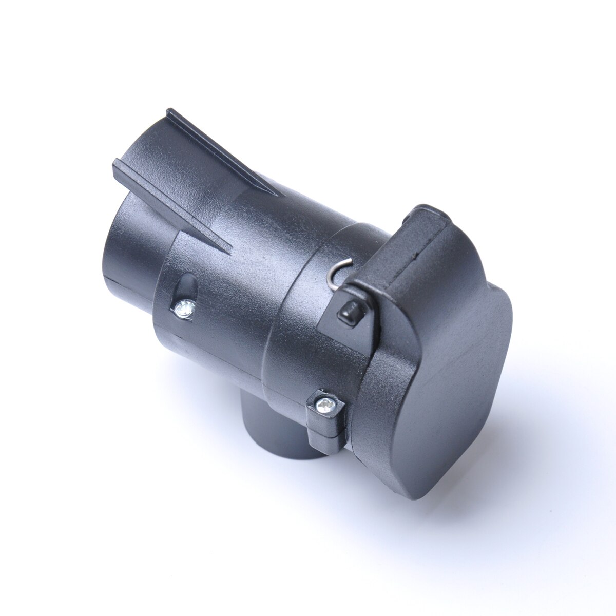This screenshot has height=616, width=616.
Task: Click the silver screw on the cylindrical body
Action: coord(183,308)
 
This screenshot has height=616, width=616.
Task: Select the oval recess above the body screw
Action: coord(187,285)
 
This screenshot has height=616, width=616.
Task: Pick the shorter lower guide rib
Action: coord(169,205)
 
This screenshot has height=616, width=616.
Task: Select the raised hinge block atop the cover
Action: coord(426,241)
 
